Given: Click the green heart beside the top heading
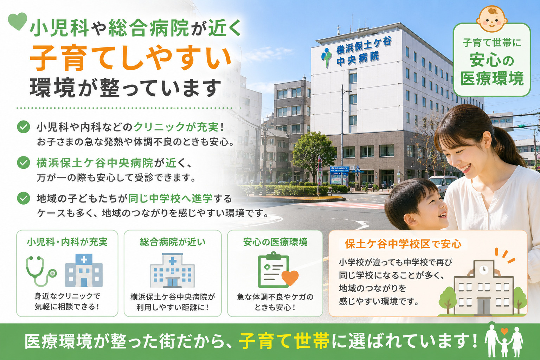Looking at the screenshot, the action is (17, 21).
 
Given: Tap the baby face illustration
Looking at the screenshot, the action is (492, 19).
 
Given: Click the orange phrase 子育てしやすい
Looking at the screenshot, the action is (130, 58).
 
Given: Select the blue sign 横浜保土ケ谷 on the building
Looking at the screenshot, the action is (364, 45).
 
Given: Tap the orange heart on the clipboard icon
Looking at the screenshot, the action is (290, 278).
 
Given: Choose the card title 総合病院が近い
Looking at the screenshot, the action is (173, 242).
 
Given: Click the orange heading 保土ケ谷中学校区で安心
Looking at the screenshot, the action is (403, 244).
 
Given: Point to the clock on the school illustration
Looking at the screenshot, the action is (483, 270).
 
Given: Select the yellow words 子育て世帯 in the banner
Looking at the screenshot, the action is (284, 341).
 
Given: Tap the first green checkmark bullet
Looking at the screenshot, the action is (24, 127).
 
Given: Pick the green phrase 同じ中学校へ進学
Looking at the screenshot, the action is (170, 199).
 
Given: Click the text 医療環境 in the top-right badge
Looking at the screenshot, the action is (492, 79).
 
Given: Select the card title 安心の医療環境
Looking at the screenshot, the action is (275, 242).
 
